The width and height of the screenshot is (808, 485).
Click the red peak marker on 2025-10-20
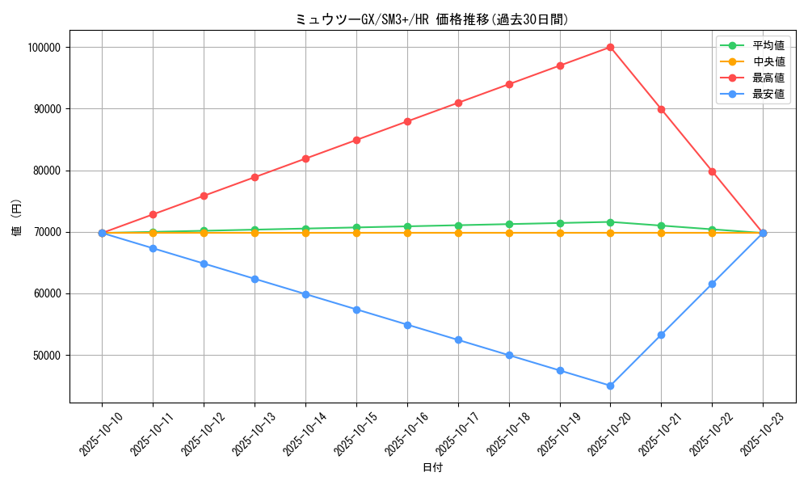610,47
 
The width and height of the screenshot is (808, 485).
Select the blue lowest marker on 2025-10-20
610,386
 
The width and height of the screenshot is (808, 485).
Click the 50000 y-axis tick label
47,356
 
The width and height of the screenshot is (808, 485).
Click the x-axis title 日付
432,468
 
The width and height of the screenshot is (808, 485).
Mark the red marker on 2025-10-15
356,140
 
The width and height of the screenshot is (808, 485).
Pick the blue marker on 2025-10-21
661,335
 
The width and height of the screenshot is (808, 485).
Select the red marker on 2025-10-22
712,171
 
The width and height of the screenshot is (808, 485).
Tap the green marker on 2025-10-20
610,222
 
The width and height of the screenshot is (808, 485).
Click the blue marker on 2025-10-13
255,279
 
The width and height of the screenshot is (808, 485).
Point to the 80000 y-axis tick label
47,171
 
